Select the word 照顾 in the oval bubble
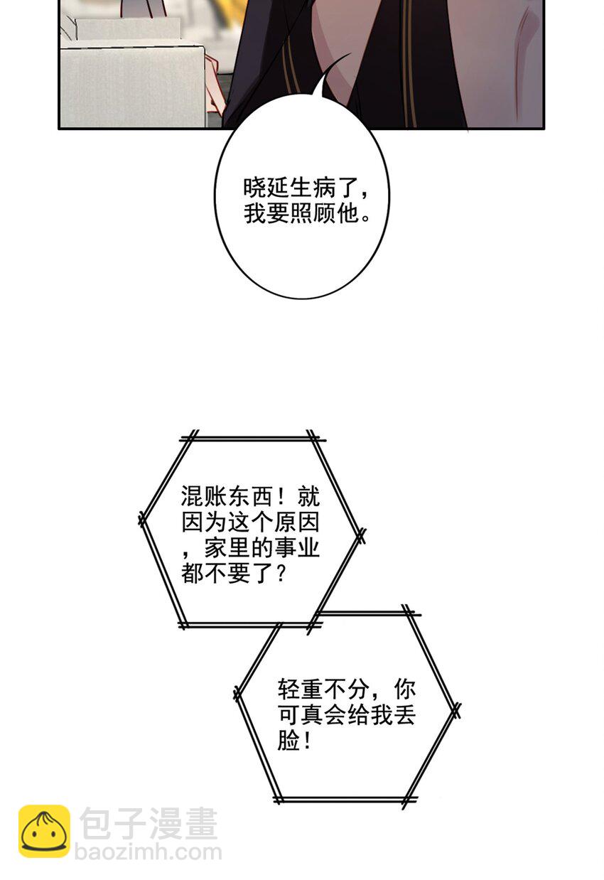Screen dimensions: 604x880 pyautogui.click(x=313, y=214)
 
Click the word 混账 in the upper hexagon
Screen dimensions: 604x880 pyautogui.click(x=204, y=497)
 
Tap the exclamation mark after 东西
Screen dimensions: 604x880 pyautogui.click(x=284, y=497)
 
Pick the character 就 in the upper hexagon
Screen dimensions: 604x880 pyautogui.click(x=308, y=497)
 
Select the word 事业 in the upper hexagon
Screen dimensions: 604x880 pyautogui.click(x=297, y=548)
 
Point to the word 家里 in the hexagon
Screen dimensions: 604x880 pyautogui.click(x=227, y=548)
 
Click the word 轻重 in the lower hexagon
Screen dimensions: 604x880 pyautogui.click(x=301, y=689)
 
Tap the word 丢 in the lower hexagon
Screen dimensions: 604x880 pyautogui.click(x=404, y=715)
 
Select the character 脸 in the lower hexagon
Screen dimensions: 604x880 pyautogui.click(x=289, y=741)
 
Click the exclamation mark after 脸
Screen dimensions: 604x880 pyautogui.click(x=307, y=741)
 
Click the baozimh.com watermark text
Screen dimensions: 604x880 pyautogui.click(x=149, y=852)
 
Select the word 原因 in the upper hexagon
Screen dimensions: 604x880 pyautogui.click(x=297, y=522)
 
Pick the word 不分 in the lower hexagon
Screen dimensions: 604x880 pyautogui.click(x=347, y=689)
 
